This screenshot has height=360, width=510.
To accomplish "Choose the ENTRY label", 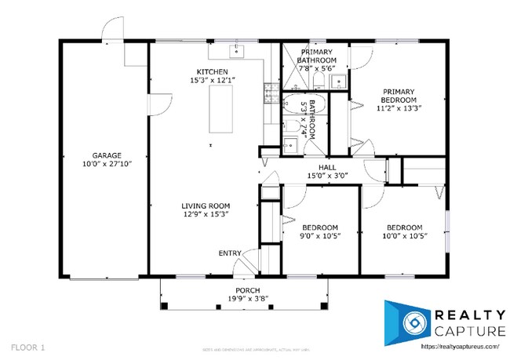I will tap(230, 253).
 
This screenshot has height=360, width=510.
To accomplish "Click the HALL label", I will tap(306, 167).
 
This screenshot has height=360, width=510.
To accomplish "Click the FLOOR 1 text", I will tap(28, 345).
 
